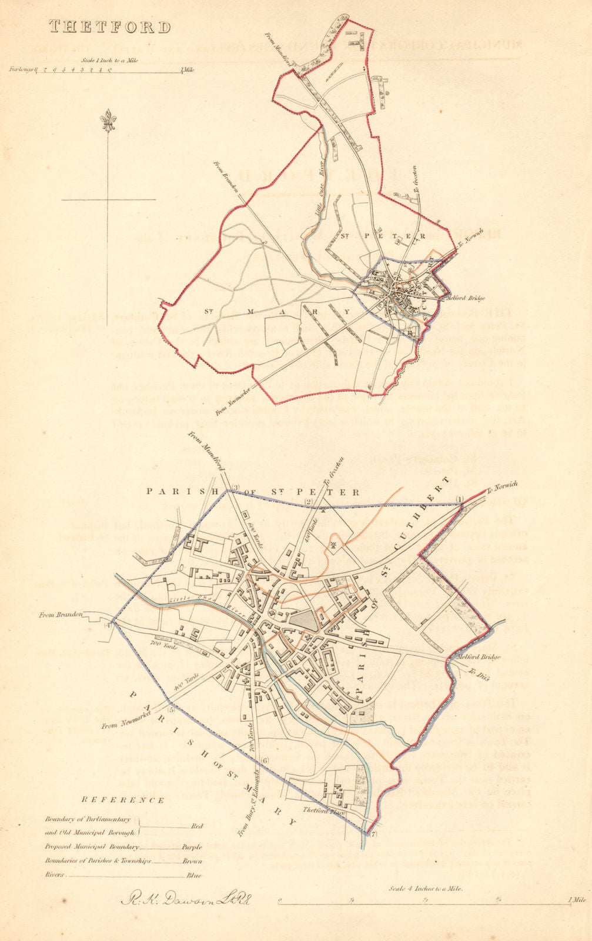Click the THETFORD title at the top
tap(110, 27)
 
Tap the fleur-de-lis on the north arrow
tap(108, 121)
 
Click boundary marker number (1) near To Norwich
tap(460, 499)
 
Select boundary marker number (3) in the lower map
tap(236, 486)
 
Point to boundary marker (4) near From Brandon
tap(108, 625)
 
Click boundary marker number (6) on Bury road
tap(265, 760)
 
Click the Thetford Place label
tap(322, 810)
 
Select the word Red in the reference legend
tap(197, 826)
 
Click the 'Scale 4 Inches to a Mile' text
tap(426, 889)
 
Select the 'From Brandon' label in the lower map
tap(59, 615)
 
